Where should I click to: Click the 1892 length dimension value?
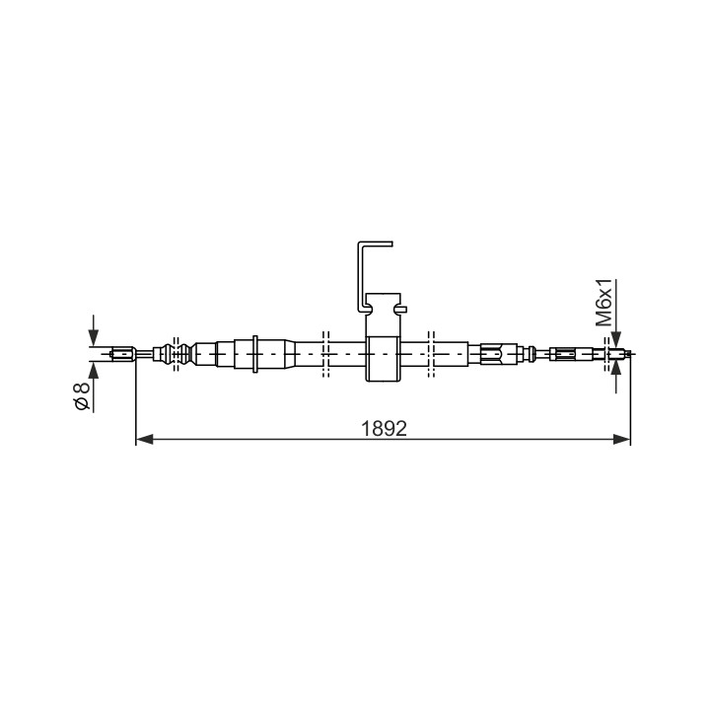[x=384, y=428]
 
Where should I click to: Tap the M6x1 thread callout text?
[x=604, y=303]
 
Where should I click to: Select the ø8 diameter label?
[x=83, y=396]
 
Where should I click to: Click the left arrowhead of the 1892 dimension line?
[x=144, y=439]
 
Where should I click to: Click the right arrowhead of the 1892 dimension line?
[x=621, y=439]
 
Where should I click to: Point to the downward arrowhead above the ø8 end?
[x=94, y=337]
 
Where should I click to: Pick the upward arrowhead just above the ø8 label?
[x=94, y=370]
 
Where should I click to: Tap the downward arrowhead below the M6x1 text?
[x=615, y=339]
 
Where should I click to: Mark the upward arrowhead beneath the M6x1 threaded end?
[x=615, y=367]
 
